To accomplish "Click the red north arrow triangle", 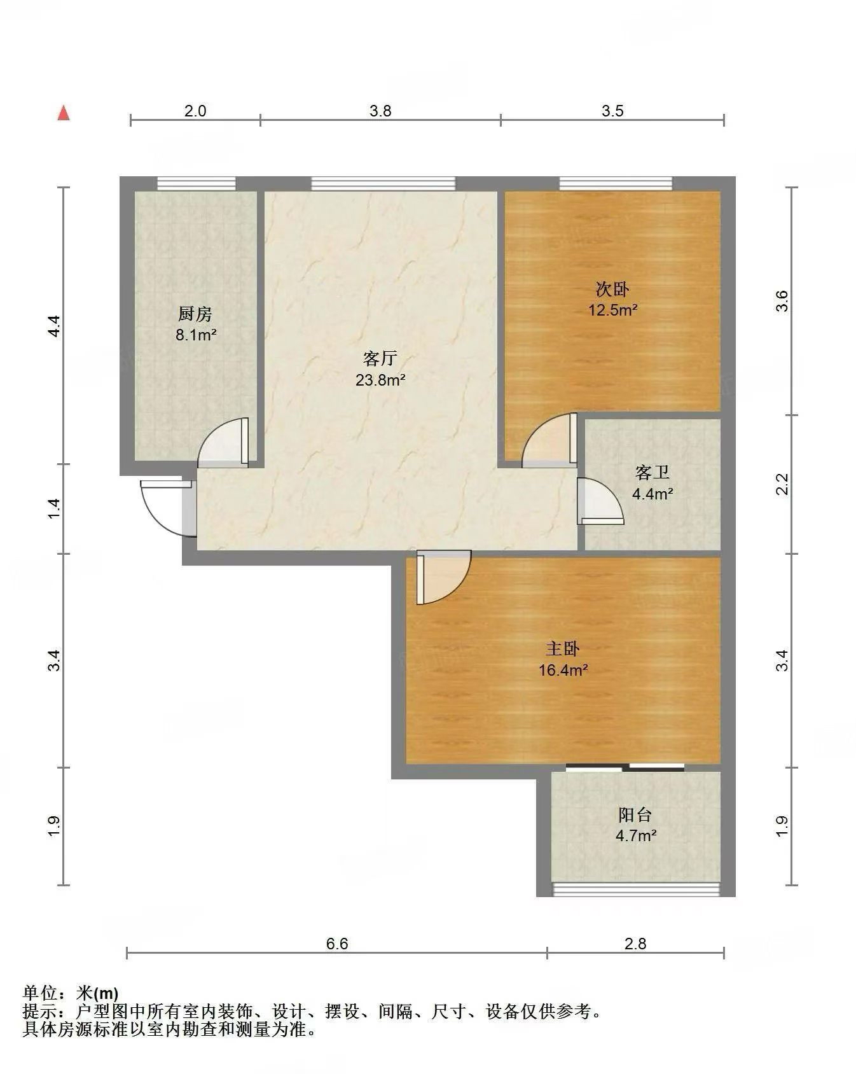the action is tap(64, 113).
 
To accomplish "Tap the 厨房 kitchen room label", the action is tap(195, 314).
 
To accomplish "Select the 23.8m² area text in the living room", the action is tap(380, 380).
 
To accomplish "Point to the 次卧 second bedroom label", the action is tap(612, 289).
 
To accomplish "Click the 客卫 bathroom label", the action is tap(652, 473).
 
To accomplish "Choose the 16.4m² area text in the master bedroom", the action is tap(563, 670).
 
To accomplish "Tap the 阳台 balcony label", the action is tap(635, 814).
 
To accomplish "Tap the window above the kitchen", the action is tap(197, 184).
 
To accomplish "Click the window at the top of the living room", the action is tap(383, 184).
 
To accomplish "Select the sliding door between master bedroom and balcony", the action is tap(625, 767).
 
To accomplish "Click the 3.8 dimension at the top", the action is tap(380, 111).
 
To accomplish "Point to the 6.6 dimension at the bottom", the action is tap(337, 944).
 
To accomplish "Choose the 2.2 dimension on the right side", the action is tap(783, 484).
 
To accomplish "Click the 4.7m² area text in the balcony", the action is tap(636, 835).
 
